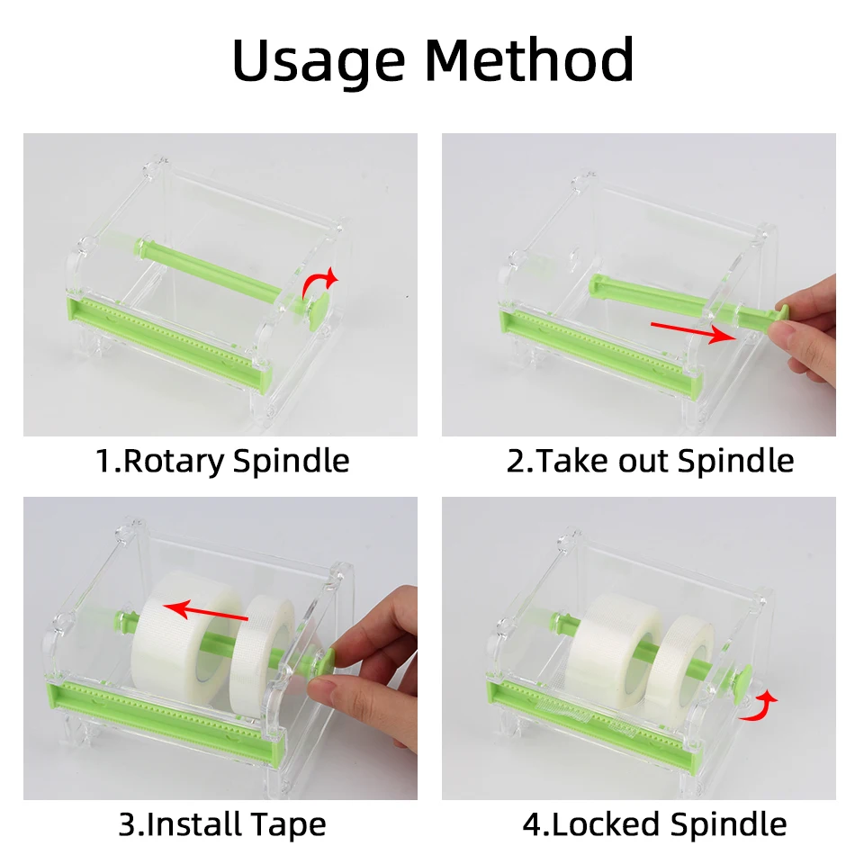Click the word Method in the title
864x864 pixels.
[529, 60]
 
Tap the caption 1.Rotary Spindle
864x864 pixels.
[222, 461]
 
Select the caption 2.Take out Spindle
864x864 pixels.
[650, 461]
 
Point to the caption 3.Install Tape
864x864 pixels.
[222, 823]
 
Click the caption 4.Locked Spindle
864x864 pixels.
[654, 823]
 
